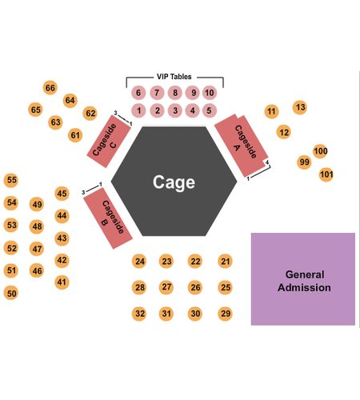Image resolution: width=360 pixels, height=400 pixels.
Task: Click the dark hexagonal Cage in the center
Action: [x=174, y=182]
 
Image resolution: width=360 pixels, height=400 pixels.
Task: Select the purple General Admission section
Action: [x=303, y=279]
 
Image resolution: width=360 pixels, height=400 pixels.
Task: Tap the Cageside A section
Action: [x=242, y=146]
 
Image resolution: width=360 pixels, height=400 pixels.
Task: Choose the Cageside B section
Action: [x=108, y=218]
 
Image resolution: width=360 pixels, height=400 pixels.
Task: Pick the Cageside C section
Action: [x=109, y=142]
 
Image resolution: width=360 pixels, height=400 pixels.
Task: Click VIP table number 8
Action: [x=175, y=93]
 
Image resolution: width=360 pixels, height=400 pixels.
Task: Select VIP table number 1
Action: [x=138, y=110]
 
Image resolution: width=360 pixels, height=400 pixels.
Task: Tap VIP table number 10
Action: [x=210, y=93]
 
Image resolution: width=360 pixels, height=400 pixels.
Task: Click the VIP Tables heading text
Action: [x=174, y=77]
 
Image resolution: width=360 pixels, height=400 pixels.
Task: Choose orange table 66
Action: [x=50, y=87]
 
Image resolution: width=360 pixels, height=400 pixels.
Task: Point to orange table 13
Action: [x=300, y=107]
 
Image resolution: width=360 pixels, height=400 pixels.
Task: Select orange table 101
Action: [x=326, y=174]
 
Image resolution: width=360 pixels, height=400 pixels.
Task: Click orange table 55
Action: [x=11, y=180]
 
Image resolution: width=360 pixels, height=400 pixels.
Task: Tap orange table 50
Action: [x=11, y=293]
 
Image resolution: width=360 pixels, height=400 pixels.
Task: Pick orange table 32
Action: [x=139, y=314]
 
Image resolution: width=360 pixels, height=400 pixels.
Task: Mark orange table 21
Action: [x=226, y=261]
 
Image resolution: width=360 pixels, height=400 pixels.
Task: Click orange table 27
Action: [x=166, y=287]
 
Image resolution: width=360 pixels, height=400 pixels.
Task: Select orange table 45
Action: [x=62, y=194]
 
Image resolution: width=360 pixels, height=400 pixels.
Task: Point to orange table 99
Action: [x=304, y=162]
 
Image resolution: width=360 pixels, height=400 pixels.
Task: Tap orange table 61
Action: [x=75, y=135]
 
